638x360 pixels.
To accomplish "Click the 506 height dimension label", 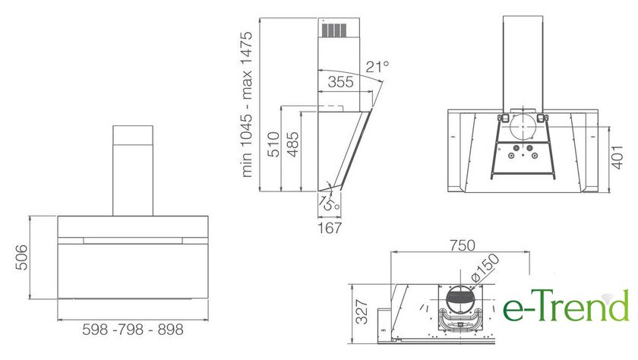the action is point(21,257).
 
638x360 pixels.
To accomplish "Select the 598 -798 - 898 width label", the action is point(133,329).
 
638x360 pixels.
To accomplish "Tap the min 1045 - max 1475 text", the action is point(247,104).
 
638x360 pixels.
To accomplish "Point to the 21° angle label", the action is point(377,67).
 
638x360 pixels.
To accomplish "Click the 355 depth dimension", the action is point(340,82).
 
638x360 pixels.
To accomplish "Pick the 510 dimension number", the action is point(273,144).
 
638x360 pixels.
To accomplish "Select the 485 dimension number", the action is point(292,144).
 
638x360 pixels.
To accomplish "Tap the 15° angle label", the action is point(329,202).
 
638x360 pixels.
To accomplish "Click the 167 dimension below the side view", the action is point(330,228).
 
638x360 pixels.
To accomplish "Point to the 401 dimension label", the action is point(617,157).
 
